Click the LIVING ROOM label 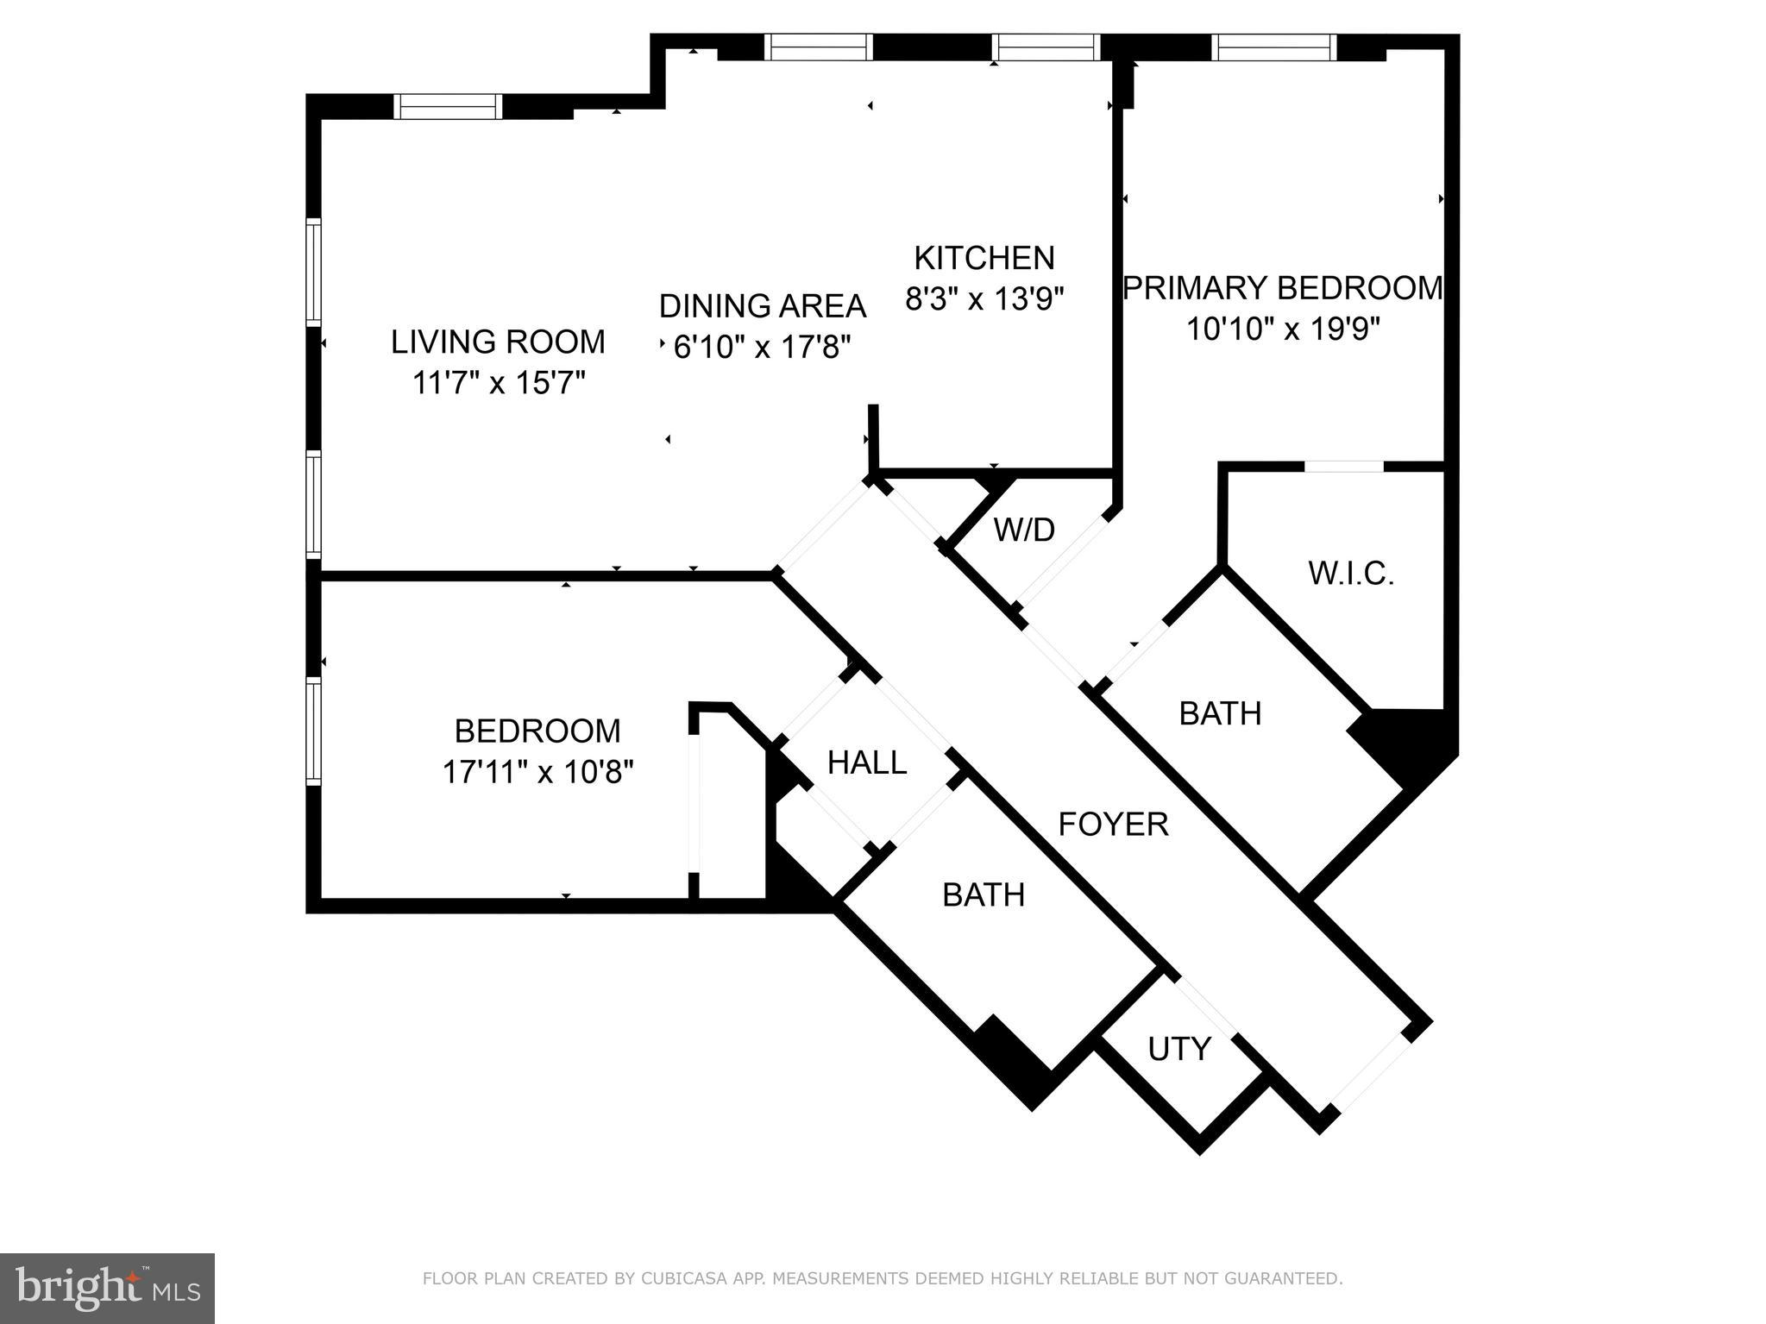click(498, 342)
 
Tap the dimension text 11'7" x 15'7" click(499, 382)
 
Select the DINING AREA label click(762, 306)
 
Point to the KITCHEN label click(984, 258)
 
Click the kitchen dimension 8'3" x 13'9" click(984, 299)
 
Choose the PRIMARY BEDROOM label click(1282, 288)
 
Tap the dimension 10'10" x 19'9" click(1283, 329)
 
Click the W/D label click(1024, 530)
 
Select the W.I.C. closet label click(1351, 574)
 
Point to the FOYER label click(1113, 825)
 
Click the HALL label click(866, 762)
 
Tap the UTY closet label click(1178, 1049)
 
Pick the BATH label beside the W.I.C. click(1220, 713)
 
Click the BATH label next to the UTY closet click(984, 895)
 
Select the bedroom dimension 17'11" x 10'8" click(537, 772)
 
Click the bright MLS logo click(107, 1288)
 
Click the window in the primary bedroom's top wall click(1273, 47)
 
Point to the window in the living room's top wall click(448, 106)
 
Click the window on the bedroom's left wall click(313, 731)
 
